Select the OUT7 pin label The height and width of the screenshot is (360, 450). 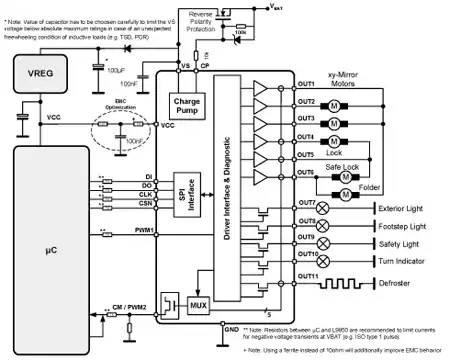tap(306, 203)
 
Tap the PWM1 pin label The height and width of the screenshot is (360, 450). tap(142, 231)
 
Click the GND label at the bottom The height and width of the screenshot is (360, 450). tap(230, 328)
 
